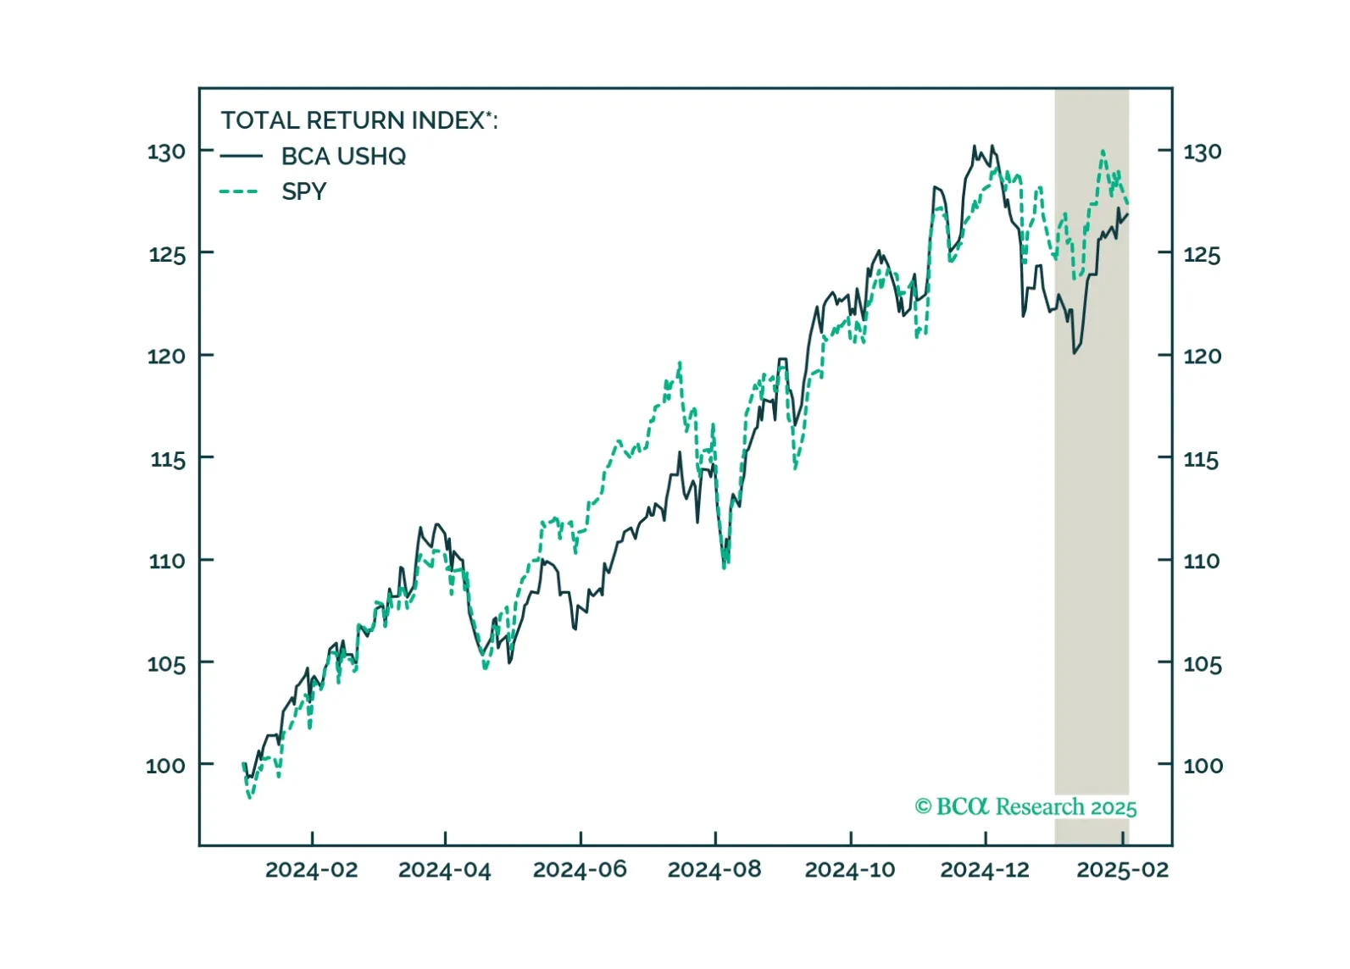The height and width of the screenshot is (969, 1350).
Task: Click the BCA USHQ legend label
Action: (x=343, y=157)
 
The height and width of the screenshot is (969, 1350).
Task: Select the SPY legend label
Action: (x=303, y=191)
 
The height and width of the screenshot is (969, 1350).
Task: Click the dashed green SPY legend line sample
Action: (x=239, y=191)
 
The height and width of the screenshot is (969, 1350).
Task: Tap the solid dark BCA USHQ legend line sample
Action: (x=241, y=156)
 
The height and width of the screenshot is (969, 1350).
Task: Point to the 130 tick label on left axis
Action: (x=166, y=152)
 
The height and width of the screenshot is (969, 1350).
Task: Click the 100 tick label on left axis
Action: (x=165, y=766)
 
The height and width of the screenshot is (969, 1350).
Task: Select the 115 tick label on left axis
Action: (x=168, y=460)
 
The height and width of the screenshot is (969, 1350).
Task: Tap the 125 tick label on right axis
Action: (x=1202, y=255)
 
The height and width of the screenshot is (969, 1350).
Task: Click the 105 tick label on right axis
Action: (x=1202, y=664)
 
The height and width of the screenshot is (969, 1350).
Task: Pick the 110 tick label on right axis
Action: (x=1202, y=561)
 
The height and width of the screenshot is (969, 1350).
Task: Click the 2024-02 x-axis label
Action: (x=311, y=870)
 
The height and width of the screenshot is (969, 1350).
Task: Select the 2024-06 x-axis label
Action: (x=580, y=870)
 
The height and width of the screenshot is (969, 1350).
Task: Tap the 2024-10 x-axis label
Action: (x=849, y=870)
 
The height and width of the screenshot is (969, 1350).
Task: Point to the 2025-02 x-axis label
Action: (x=1122, y=870)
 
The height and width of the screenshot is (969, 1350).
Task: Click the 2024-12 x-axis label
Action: (x=985, y=870)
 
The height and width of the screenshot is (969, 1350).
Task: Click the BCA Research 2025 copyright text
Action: (x=1025, y=806)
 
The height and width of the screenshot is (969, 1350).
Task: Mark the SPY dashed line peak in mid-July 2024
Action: (x=680, y=363)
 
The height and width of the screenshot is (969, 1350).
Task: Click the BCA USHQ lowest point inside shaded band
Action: (x=1075, y=352)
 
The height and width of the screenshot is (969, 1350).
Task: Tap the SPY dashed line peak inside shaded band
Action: (x=1103, y=152)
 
